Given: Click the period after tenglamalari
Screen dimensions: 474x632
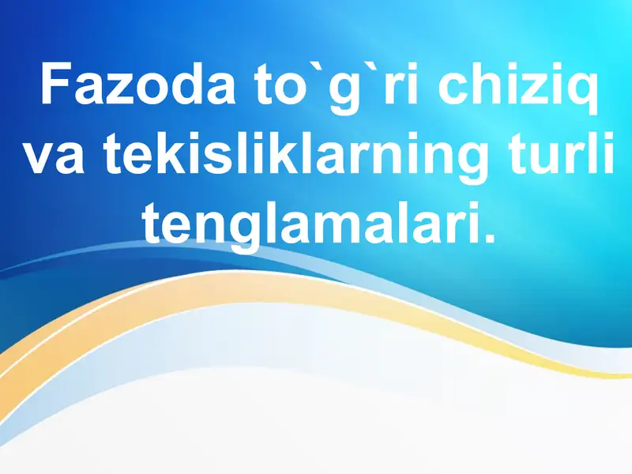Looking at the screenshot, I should (x=491, y=236).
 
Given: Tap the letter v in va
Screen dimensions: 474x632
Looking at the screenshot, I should (x=37, y=158).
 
